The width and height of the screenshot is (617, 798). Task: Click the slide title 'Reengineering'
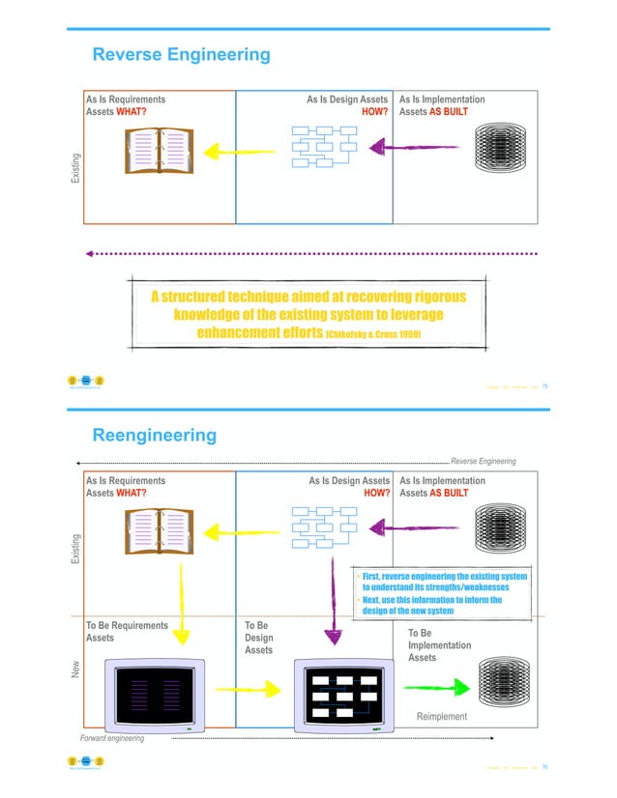154,436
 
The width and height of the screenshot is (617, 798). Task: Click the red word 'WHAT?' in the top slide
132,112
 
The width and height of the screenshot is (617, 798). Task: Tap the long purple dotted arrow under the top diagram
309,254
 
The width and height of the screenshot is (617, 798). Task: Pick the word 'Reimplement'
441,716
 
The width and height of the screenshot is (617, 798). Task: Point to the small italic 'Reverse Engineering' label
483,462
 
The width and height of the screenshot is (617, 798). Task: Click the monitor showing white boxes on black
344,695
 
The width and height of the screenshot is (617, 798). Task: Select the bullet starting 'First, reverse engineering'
444,582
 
